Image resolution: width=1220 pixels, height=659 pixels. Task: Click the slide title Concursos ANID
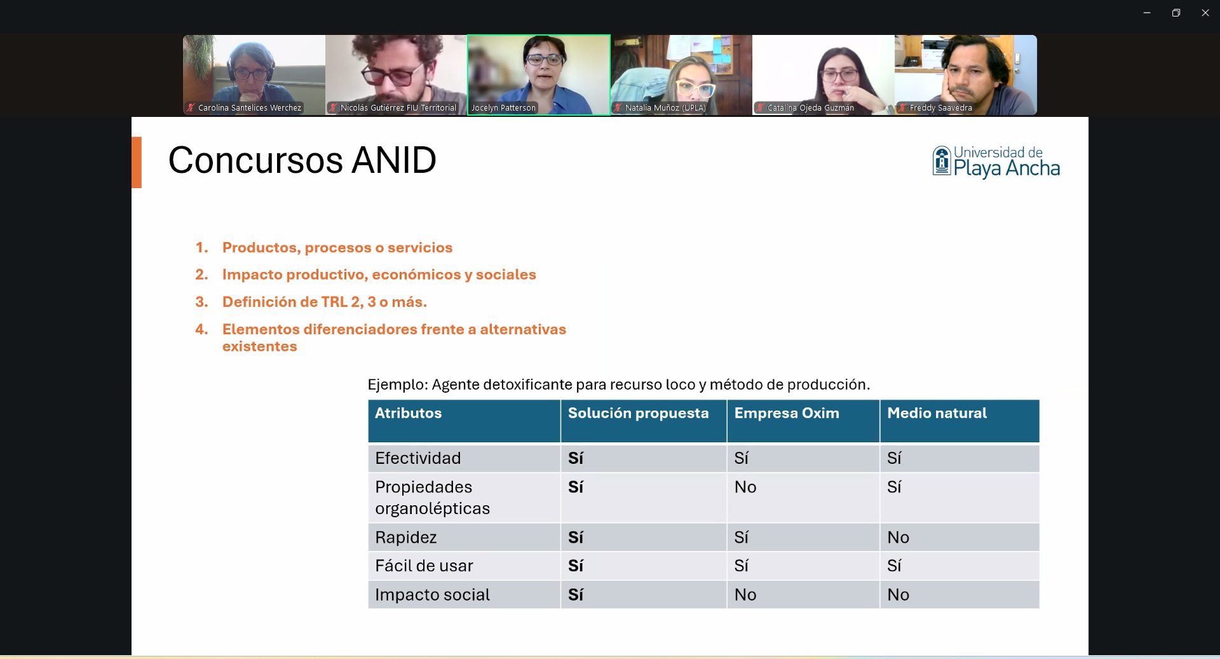pyautogui.click(x=302, y=160)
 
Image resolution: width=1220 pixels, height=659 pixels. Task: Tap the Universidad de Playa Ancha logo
pyautogui.click(x=996, y=162)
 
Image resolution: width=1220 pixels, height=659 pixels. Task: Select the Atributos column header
pyautogui.click(x=408, y=413)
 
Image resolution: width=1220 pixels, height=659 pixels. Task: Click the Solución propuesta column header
pyautogui.click(x=638, y=413)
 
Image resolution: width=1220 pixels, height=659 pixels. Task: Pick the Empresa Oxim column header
pyautogui.click(x=787, y=413)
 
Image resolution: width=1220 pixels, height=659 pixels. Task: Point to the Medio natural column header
pyautogui.click(x=937, y=413)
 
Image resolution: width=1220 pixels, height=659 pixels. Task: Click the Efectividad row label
pyautogui.click(x=418, y=458)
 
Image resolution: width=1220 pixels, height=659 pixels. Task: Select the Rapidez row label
pyautogui.click(x=406, y=538)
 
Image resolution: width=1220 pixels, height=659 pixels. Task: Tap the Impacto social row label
pyautogui.click(x=432, y=595)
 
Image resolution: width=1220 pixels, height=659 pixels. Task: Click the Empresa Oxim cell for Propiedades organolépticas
pyautogui.click(x=745, y=487)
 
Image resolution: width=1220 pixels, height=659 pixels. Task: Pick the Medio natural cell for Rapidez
pyautogui.click(x=898, y=538)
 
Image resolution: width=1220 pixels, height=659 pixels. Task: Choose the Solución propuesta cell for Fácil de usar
pyautogui.click(x=576, y=566)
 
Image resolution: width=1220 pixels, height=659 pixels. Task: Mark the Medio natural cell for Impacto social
pyautogui.click(x=898, y=595)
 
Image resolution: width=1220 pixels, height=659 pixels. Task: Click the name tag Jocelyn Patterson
pyautogui.click(x=503, y=108)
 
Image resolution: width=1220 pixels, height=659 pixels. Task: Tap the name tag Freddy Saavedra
pyautogui.click(x=940, y=108)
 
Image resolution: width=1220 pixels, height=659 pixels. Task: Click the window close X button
pyautogui.click(x=1205, y=13)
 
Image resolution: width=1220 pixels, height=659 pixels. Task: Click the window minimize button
pyautogui.click(x=1147, y=13)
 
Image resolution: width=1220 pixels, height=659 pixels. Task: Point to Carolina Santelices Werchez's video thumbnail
pyautogui.click(x=254, y=75)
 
